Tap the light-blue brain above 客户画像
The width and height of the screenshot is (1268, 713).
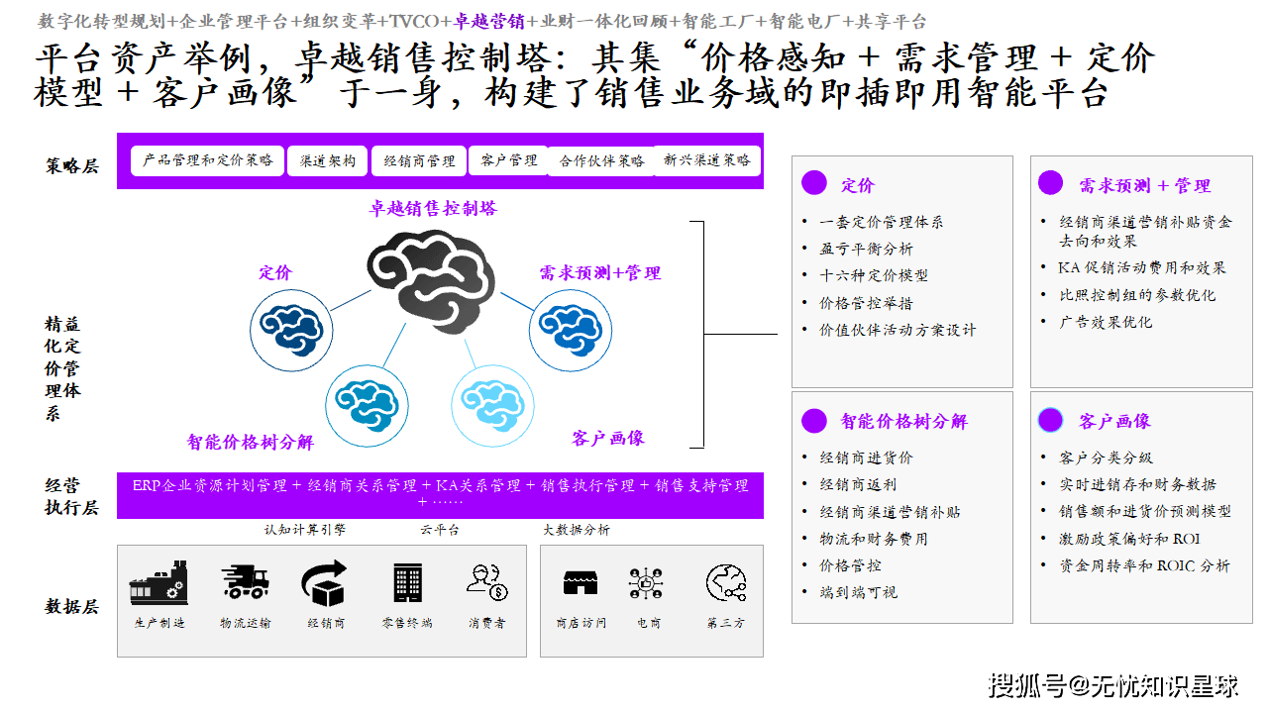point(493,400)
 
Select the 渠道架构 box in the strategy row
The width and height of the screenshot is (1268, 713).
point(327,160)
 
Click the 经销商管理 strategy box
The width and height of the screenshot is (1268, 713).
point(419,160)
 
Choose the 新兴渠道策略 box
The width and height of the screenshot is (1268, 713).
point(706,160)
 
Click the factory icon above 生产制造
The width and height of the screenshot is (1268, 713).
point(158,583)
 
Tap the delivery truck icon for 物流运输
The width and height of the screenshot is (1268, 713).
point(245,583)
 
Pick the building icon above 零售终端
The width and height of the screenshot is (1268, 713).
point(407,583)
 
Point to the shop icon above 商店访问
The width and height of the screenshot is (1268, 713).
point(581,583)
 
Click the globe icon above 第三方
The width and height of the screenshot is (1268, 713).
point(726,583)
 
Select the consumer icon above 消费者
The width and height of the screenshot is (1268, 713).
point(486,583)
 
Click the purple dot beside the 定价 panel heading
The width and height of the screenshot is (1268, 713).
point(814,183)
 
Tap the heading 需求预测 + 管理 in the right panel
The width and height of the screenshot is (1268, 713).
point(1144,185)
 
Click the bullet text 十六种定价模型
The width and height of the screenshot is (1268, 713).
point(874,275)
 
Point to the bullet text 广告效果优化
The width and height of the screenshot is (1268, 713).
point(1106,322)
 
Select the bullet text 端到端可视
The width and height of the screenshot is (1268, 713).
point(858,592)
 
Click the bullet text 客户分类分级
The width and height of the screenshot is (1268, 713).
point(1106,458)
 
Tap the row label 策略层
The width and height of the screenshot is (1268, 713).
point(72,166)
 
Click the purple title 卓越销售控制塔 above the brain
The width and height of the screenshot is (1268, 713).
point(433,208)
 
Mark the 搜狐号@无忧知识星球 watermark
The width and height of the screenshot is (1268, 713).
point(1114,684)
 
